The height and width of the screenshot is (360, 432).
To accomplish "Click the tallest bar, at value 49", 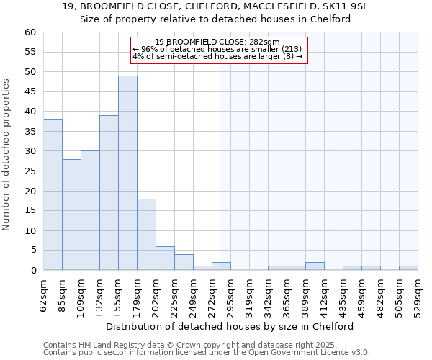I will [x=127, y=173].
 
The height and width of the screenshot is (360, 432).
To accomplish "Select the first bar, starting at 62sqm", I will [x=53, y=194].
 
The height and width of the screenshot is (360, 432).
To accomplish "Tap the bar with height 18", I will [x=146, y=235].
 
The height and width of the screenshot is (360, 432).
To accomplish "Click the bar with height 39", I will [x=109, y=193].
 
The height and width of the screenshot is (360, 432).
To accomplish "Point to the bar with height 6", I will [x=165, y=258].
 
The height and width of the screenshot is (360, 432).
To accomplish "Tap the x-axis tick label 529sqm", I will [x=418, y=294].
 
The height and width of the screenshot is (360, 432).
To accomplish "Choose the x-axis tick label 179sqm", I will [x=137, y=294].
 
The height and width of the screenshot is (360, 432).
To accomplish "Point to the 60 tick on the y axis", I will [x=30, y=32].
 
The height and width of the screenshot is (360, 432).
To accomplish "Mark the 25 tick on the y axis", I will [x=30, y=171].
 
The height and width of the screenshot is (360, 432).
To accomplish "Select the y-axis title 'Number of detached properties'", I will [x=7, y=155].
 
